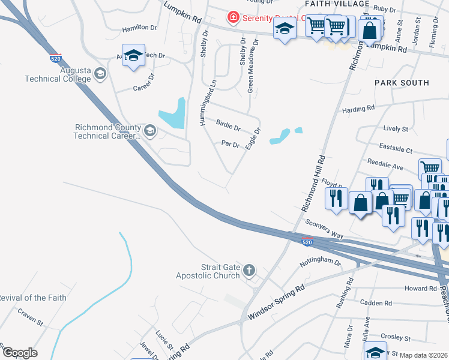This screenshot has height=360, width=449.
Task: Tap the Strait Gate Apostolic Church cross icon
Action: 250,271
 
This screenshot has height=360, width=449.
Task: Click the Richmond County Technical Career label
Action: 107,131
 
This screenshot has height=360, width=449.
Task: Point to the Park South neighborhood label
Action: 402,82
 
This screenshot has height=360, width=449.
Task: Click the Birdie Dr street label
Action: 228,128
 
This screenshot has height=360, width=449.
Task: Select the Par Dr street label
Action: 231,144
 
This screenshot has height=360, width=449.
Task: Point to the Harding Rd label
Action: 358,109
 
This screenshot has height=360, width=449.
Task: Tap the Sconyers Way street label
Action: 324,229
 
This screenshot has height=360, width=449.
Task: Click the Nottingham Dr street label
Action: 320,263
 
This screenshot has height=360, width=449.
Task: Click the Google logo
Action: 19,353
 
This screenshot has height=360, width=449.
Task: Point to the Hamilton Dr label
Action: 139,28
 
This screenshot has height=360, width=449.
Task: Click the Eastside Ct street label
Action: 396,148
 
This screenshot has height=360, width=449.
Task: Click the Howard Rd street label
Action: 420,289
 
